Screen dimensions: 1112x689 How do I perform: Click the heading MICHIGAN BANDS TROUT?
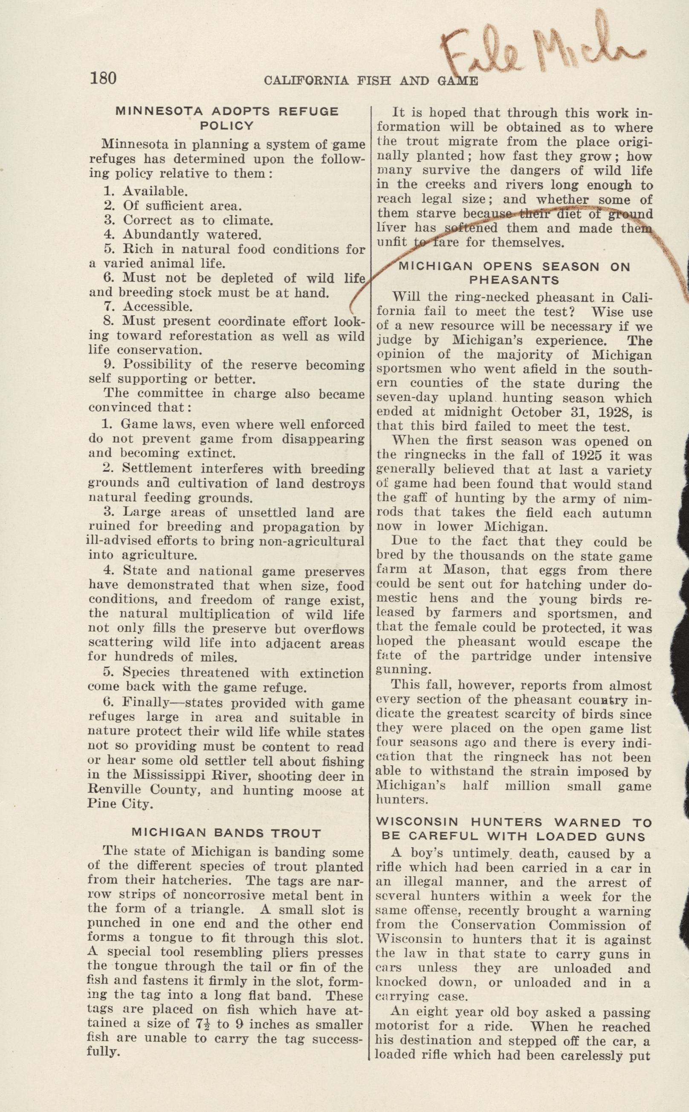[x=226, y=833]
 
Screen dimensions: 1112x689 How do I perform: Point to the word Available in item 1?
[x=155, y=191]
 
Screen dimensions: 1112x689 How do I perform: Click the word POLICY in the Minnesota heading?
[x=226, y=126]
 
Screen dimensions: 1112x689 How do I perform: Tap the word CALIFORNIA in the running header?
[x=306, y=81]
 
